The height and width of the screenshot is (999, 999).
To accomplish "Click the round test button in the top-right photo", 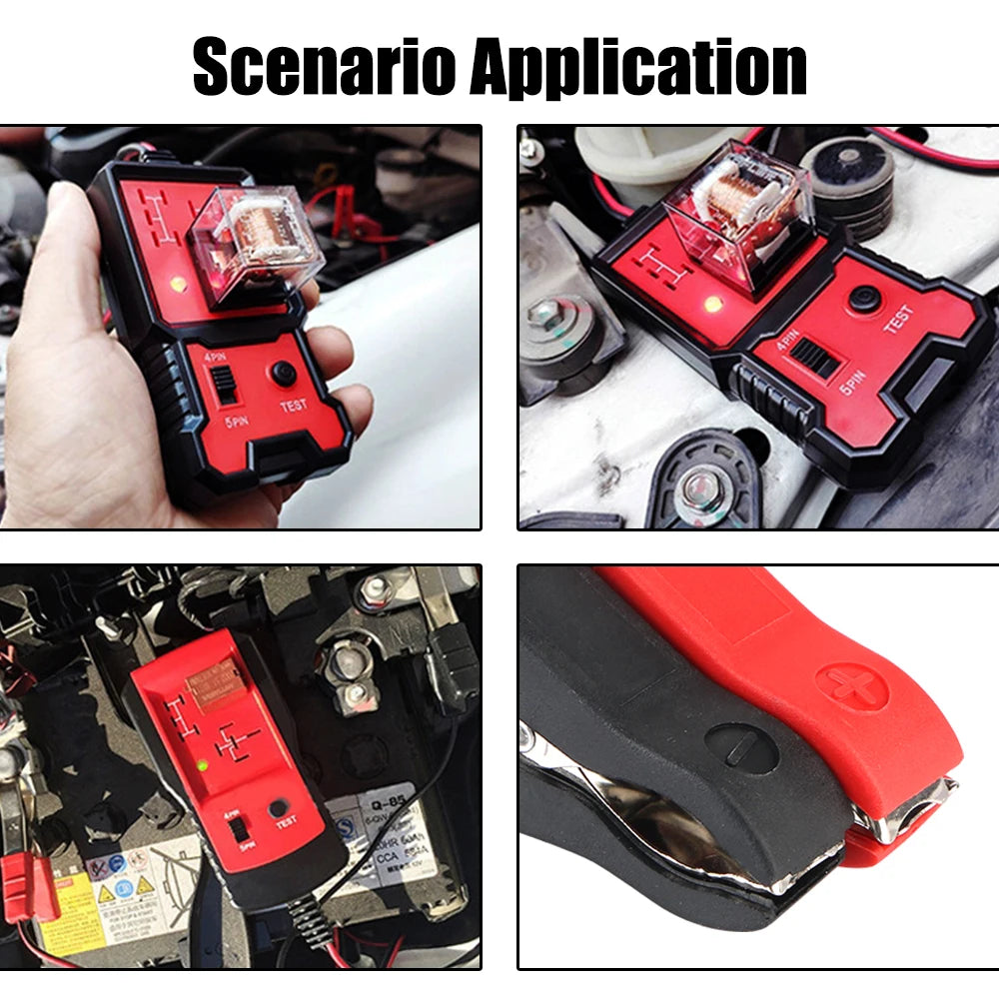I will [x=864, y=299].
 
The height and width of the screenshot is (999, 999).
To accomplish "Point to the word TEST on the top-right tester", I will [x=896, y=320].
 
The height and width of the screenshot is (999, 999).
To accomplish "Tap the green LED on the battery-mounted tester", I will [x=203, y=766].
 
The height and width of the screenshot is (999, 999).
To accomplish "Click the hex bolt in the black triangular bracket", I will [x=698, y=487].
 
